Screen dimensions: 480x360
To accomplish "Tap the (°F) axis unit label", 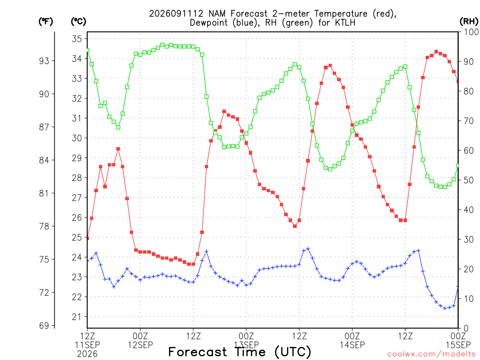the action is [x=45, y=22].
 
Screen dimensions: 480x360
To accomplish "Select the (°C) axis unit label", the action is [x=78, y=22].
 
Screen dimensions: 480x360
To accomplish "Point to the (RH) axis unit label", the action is [x=469, y=22].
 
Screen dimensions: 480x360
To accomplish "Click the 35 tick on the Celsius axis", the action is [x=77, y=39].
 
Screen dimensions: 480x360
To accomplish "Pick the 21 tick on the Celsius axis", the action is [x=77, y=317].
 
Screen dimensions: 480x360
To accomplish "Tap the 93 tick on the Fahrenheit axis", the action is [x=44, y=61].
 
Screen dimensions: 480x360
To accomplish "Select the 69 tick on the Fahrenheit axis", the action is [x=44, y=326].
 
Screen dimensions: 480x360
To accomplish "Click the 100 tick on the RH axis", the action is [x=471, y=32].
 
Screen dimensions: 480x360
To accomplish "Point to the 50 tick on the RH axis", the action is [x=468, y=180].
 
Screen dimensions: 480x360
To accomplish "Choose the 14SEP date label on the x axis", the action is [x=352, y=345].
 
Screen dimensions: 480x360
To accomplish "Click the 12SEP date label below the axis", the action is [x=140, y=345].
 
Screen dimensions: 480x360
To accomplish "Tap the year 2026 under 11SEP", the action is [x=87, y=354].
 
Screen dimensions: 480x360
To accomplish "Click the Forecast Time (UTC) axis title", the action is [x=240, y=352].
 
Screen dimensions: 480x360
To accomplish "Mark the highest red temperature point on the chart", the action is [x=436, y=52].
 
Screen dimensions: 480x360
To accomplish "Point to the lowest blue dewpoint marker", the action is [x=445, y=308].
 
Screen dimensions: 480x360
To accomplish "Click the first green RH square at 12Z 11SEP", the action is [x=88, y=50].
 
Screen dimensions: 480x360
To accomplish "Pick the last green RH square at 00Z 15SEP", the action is [x=458, y=165].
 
